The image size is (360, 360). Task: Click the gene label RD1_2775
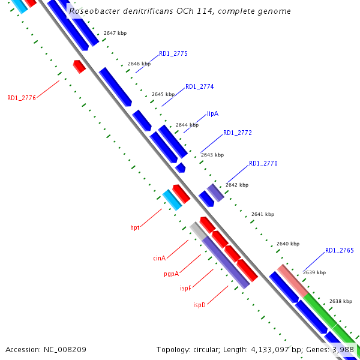point(173,54)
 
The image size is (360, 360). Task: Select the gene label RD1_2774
point(199,86)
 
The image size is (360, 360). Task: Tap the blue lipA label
point(212,113)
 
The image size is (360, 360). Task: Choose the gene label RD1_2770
point(263,164)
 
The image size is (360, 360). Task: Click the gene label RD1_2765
point(339,251)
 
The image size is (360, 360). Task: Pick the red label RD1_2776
point(22,98)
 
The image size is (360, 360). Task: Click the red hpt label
point(135,228)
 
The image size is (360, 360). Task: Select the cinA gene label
point(159,259)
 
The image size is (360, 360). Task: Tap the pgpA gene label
point(172,274)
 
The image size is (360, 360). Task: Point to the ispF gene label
point(185,289)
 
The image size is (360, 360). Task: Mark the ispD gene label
point(199,305)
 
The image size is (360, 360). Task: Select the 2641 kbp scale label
point(263,214)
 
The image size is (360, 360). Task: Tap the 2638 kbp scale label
point(340,301)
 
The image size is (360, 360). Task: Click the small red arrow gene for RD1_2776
point(79,66)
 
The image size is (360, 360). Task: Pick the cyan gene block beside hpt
point(172,200)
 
